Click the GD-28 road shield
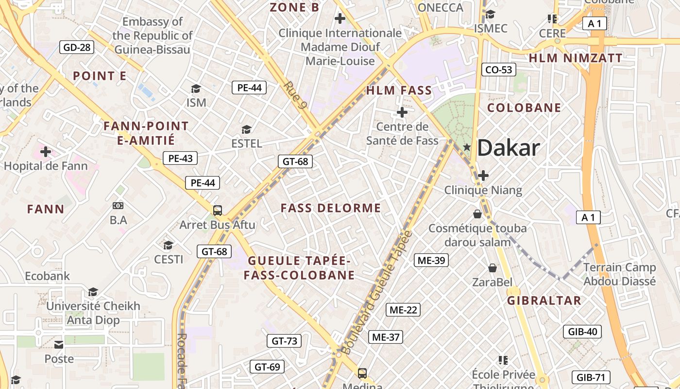77,47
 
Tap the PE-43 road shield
181,158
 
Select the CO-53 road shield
499,70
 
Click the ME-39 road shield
431,260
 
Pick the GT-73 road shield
284,341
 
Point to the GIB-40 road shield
582,332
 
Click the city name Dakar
509,148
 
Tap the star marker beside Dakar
467,147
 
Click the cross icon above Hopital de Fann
46,152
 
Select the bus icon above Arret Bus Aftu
218,211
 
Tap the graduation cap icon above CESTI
169,245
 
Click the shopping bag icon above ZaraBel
493,268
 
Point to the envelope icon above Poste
59,345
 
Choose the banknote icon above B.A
118,206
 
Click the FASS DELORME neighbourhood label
331,208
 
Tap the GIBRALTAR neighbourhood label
544,301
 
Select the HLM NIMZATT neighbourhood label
576,58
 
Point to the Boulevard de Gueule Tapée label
376,293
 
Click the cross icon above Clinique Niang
483,176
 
